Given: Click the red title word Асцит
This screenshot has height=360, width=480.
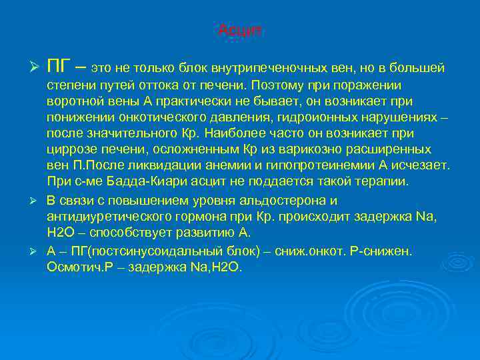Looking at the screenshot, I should (240, 31).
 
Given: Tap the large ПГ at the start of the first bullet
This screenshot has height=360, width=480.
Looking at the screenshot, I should (61, 66).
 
